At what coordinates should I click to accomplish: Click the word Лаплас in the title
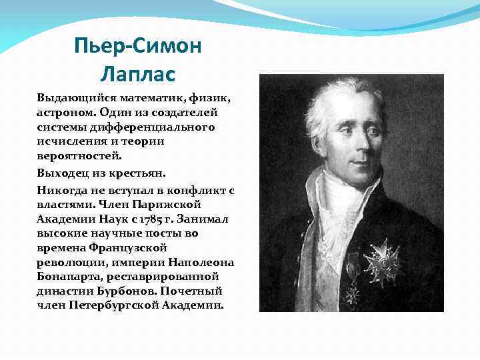point(138,71)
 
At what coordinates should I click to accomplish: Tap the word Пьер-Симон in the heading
point(138,47)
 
